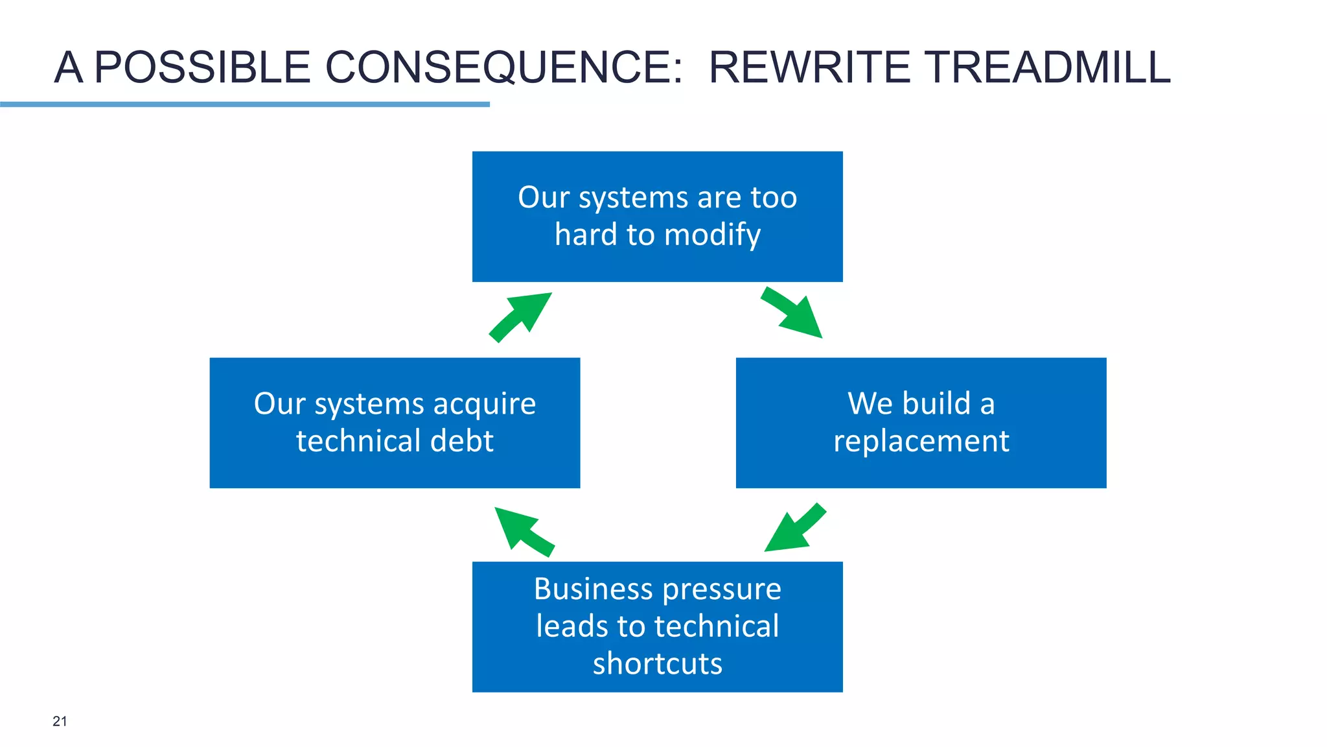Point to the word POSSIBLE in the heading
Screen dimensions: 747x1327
point(203,67)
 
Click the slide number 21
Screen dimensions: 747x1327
point(60,721)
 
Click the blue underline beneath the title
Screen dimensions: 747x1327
point(245,104)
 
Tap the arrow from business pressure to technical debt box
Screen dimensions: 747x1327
point(524,530)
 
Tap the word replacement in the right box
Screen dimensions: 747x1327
point(921,442)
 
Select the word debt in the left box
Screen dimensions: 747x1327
point(462,441)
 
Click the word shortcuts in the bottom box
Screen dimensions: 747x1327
point(657,664)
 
